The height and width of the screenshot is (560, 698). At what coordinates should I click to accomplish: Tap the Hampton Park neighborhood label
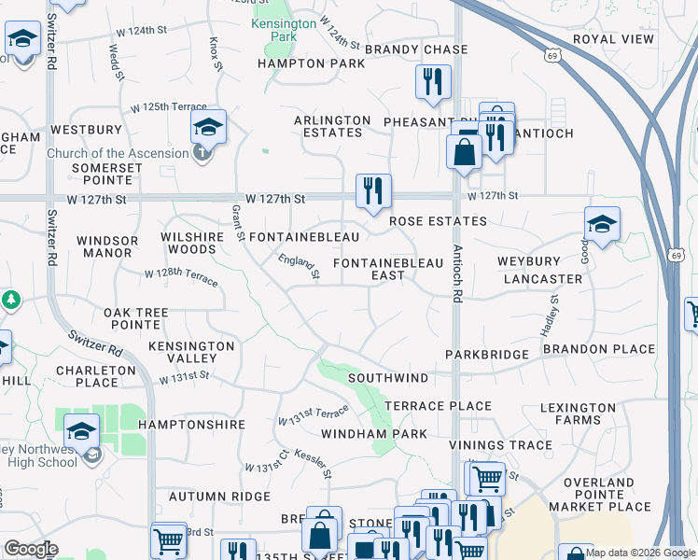point(311,63)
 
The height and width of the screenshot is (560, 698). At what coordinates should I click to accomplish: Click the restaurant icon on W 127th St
point(372,191)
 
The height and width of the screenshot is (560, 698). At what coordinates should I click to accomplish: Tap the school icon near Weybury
point(602,224)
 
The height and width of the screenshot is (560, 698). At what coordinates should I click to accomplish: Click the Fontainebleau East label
point(387,270)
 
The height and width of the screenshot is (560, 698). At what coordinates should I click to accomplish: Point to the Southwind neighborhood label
point(388,378)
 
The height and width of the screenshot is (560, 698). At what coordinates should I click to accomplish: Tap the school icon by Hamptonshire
point(82,431)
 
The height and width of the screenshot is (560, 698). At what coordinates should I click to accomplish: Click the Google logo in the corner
point(31,549)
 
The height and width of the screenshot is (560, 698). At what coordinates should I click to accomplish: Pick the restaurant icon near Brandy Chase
point(433,81)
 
